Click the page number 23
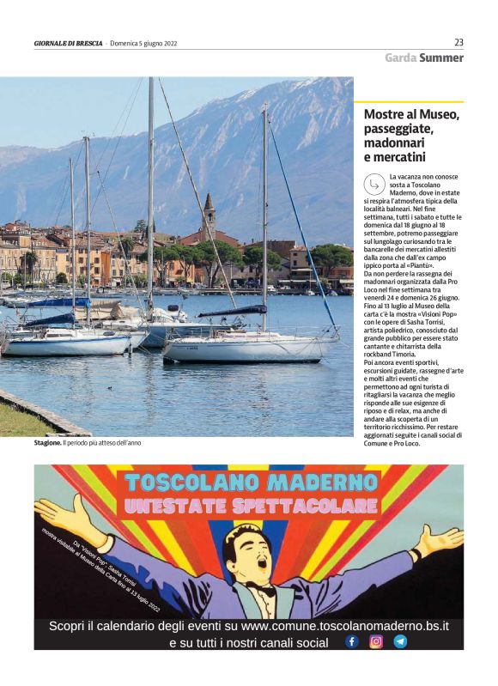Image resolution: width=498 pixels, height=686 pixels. (x=459, y=42)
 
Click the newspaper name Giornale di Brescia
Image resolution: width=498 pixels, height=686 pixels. (x=68, y=44)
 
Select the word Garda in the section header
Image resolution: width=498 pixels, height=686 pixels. (x=401, y=58)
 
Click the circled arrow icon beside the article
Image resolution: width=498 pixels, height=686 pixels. (x=373, y=183)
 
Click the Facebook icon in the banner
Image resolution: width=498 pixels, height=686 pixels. (x=352, y=641)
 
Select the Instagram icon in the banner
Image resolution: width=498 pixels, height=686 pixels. (x=376, y=641)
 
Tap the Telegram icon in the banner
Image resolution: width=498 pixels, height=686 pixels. (x=400, y=641)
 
